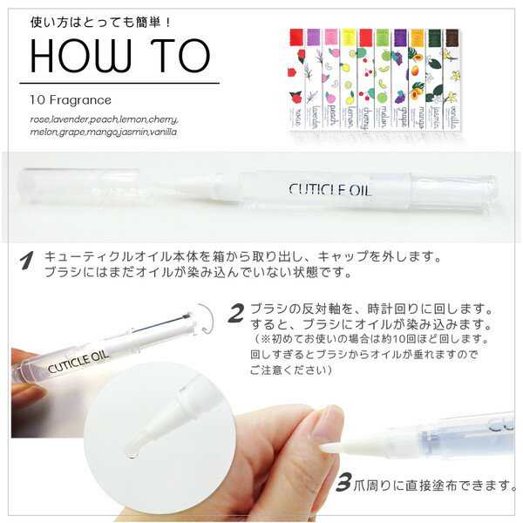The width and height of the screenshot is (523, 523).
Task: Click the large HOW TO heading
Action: point(121,56)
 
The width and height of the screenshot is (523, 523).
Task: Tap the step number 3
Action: point(344,481)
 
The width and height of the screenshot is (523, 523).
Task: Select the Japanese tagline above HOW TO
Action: point(94,18)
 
